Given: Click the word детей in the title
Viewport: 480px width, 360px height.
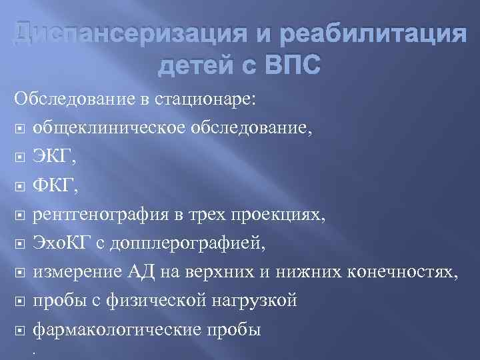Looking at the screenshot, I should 199,66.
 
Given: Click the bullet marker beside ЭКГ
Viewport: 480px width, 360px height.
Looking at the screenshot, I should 20,157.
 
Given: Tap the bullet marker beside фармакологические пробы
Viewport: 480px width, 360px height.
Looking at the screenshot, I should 20,331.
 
